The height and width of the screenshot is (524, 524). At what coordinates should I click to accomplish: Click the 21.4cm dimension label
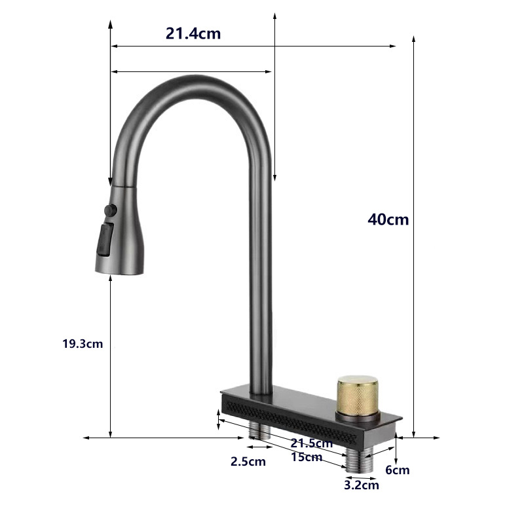tap(193, 33)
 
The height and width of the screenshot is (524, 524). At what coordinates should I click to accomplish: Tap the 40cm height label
tap(388, 219)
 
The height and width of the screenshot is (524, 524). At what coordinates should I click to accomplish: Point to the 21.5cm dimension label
tap(312, 443)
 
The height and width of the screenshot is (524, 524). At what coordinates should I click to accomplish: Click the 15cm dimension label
tap(307, 457)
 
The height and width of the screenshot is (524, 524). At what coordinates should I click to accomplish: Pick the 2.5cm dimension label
tap(248, 461)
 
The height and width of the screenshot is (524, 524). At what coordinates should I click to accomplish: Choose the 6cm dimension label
tap(397, 470)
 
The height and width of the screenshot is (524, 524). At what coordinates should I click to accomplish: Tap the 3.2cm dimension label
tap(361, 485)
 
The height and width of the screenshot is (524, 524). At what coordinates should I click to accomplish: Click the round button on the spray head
tap(109, 210)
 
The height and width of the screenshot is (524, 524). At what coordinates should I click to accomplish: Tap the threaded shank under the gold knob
tap(358, 457)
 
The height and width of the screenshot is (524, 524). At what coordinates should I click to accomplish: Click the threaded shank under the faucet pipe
tap(259, 430)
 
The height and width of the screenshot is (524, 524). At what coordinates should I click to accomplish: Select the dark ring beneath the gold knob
tap(358, 415)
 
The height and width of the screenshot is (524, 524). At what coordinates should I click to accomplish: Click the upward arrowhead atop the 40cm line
tap(414, 38)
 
